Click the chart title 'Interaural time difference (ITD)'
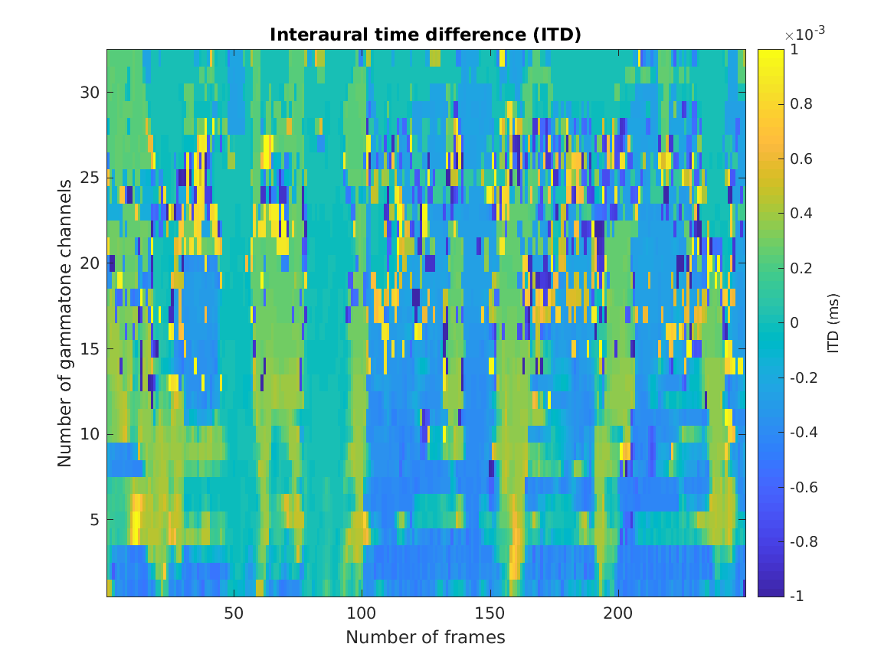(425, 35)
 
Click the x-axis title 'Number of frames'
(425, 637)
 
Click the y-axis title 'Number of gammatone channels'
(65, 323)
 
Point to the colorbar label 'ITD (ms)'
(833, 323)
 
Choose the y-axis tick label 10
(84, 434)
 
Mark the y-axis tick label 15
(84, 348)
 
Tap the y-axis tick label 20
(84, 263)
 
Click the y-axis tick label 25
(84, 178)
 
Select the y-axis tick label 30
(84, 92)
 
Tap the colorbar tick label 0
(794, 323)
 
